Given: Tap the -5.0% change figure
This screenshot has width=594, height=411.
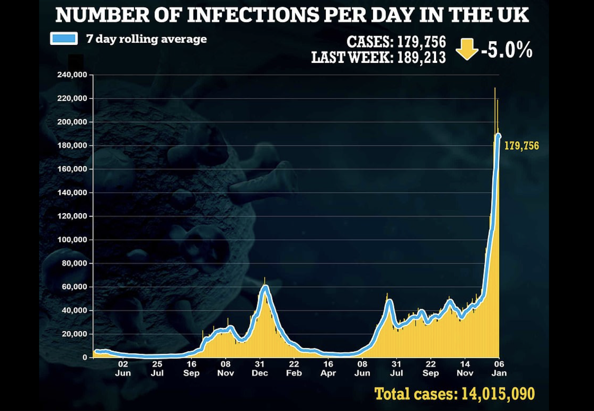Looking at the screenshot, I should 506,50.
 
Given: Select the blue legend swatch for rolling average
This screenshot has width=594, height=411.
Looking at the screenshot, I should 64,38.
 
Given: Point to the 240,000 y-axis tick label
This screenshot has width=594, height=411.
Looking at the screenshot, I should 72,75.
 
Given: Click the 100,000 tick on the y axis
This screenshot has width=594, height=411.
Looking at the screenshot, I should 72,240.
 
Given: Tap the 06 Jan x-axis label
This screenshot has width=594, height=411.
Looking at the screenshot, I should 499,368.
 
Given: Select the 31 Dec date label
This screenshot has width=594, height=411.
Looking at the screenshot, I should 260,368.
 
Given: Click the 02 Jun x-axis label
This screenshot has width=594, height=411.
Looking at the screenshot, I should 123,368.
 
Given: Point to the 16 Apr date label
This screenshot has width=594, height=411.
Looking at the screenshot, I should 328,368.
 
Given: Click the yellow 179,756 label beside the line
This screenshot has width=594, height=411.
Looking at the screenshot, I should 521,146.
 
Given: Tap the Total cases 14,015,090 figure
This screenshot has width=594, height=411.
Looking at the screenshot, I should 455,394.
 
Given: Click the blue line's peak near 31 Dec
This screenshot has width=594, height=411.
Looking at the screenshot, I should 265,288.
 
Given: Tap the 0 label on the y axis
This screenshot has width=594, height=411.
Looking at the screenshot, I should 85,357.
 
